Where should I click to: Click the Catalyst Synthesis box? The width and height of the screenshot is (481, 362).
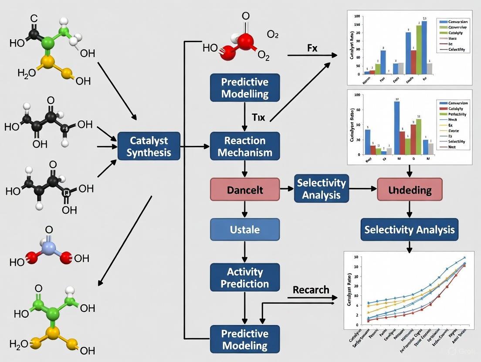pyautogui.click(x=149, y=147)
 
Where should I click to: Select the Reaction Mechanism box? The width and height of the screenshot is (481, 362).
pyautogui.click(x=244, y=147)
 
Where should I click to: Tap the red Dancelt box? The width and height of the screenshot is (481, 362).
pyautogui.click(x=244, y=190)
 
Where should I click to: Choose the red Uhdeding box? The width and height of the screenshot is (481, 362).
pyautogui.click(x=410, y=190)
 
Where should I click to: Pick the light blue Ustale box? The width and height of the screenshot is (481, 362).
pyautogui.click(x=244, y=229)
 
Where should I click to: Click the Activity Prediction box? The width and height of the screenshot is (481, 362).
pyautogui.click(x=244, y=278)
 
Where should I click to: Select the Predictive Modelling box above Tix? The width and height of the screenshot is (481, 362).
pyautogui.click(x=244, y=87)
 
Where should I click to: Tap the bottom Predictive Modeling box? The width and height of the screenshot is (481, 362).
pyautogui.click(x=244, y=339)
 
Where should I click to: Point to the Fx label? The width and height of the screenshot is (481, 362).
pyautogui.click(x=312, y=48)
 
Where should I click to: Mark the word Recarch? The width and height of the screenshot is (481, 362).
pyautogui.click(x=311, y=290)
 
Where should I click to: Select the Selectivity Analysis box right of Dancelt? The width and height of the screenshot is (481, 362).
pyautogui.click(x=322, y=189)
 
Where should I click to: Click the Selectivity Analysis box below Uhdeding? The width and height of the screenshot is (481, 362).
pyautogui.click(x=410, y=230)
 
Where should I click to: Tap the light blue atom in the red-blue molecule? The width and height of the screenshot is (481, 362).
pyautogui.click(x=49, y=248)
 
